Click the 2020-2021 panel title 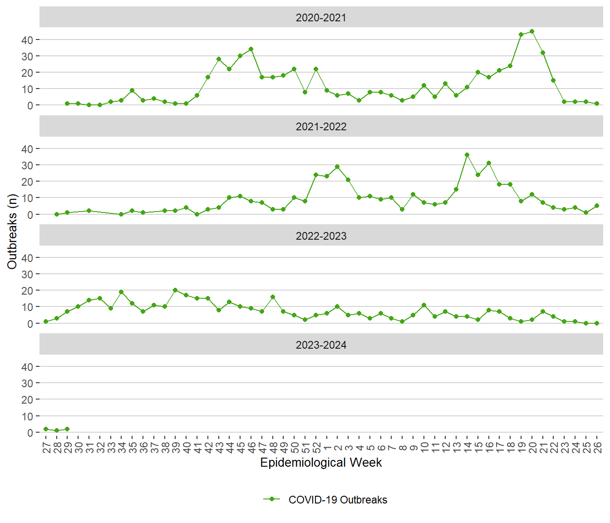[321, 18]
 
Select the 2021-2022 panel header [321, 127]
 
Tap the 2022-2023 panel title [321, 236]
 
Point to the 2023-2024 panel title [321, 345]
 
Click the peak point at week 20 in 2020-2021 [532, 32]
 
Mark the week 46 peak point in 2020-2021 [251, 49]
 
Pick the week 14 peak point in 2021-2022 [467, 155]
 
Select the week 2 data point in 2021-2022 [337, 167]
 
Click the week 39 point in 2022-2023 [175, 290]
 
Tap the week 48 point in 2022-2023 [273, 297]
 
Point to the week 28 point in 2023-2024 [57, 430]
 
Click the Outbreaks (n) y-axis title [12, 232]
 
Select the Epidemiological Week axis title [321, 463]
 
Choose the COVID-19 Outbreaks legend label [338, 500]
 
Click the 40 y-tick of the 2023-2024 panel [27, 367]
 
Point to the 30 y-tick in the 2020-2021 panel [27, 56]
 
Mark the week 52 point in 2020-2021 [316, 69]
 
